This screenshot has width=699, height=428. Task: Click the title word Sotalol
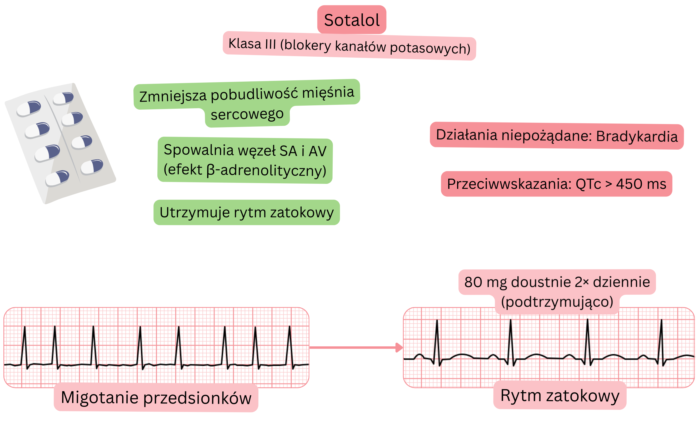[x=352, y=20]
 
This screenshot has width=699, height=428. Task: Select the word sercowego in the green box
[x=247, y=114]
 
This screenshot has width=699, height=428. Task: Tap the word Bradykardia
[x=637, y=136]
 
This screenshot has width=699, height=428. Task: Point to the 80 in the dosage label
[x=473, y=282]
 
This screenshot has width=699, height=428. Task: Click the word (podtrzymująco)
[x=557, y=302]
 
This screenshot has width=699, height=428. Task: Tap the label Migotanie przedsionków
[x=156, y=397]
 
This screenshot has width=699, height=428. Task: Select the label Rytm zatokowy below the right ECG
[x=560, y=395]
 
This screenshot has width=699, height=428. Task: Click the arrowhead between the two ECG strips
[x=400, y=347]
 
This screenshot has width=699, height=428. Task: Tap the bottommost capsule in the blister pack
[x=57, y=178]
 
